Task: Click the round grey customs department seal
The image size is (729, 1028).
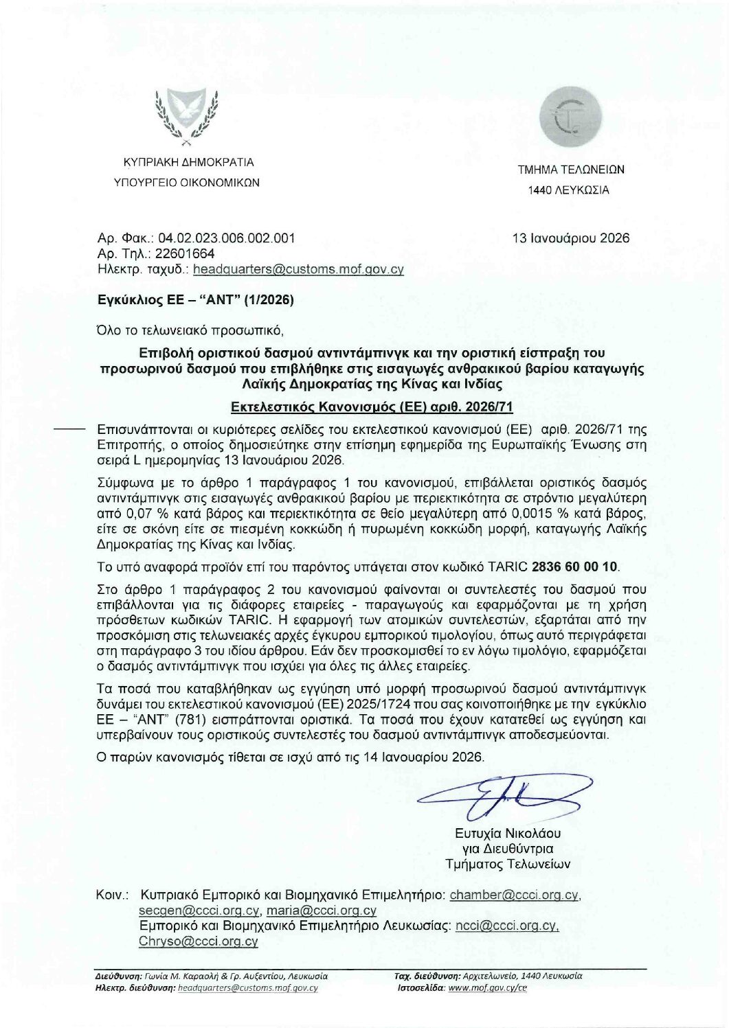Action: point(570,118)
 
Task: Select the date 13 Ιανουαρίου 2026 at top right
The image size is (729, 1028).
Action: point(571,238)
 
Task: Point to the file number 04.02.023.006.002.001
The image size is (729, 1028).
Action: point(227,238)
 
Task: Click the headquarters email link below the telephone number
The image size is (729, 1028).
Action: point(299,270)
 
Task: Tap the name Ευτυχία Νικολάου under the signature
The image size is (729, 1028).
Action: point(508,834)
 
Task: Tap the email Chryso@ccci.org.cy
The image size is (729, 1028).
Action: point(199,941)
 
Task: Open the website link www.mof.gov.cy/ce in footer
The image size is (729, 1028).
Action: point(487,988)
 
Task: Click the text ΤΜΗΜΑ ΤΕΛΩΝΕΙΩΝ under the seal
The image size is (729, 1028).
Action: point(571,170)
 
